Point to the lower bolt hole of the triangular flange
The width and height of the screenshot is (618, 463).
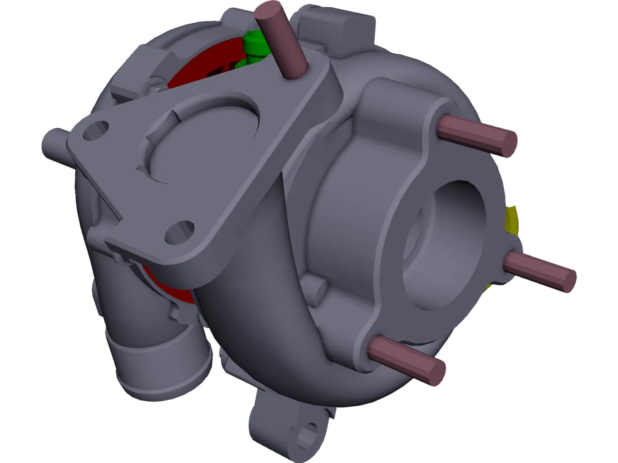179,232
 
